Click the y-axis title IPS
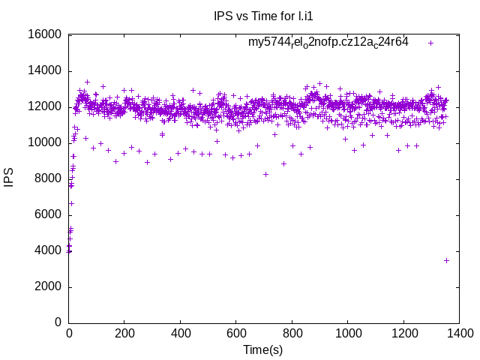pos(10,178)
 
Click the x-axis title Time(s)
pos(262,349)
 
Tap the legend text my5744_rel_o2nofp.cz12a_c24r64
pos(328,43)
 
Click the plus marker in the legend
pos(431,43)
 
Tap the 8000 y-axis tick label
pos(48,178)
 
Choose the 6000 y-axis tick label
pos(48,214)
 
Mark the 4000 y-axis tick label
pos(48,250)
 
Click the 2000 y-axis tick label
pos(48,286)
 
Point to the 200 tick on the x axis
pos(124,333)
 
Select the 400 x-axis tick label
pos(181,333)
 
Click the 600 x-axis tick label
pos(236,333)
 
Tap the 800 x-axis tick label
pos(292,333)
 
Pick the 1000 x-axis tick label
pos(348,333)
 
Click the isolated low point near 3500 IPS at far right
pos(446,260)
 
